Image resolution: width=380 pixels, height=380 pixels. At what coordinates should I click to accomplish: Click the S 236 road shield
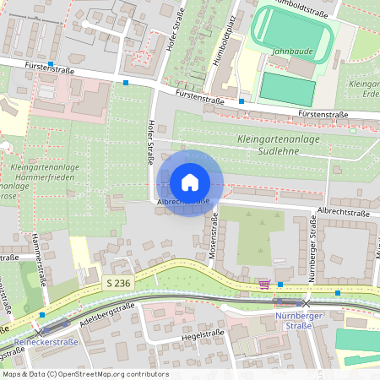click(117, 284)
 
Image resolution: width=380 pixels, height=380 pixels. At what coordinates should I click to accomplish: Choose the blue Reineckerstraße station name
click(46, 342)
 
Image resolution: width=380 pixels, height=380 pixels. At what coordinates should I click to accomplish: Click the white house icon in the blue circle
click(190, 182)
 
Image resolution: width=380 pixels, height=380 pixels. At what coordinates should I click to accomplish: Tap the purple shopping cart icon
click(263, 284)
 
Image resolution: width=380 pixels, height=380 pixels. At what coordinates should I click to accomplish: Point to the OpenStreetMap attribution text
click(85, 373)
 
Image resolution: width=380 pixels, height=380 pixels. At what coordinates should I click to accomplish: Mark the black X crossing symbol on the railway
click(307, 301)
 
